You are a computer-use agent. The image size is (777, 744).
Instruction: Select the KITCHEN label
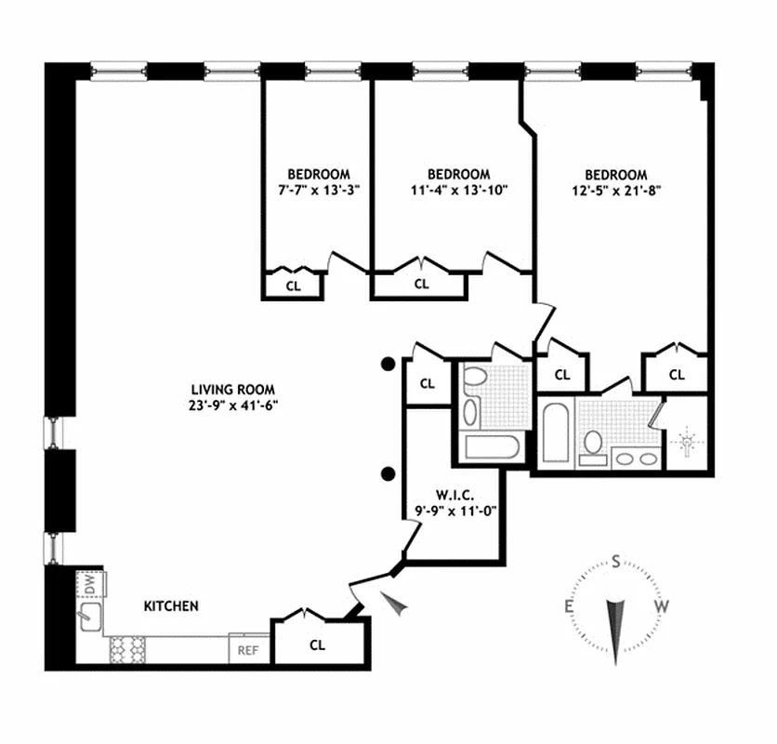[x=170, y=606]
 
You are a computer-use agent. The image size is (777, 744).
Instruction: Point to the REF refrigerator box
[x=248, y=650]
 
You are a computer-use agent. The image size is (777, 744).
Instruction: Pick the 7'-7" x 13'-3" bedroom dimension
[x=318, y=190]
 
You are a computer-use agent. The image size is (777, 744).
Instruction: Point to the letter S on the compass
[x=615, y=561]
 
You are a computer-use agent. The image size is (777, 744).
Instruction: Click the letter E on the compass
[x=567, y=607]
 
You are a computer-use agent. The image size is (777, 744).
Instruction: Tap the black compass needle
[x=615, y=628]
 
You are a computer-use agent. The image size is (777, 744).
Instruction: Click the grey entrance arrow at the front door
[x=397, y=604]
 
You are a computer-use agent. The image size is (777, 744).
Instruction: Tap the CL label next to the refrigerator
[x=317, y=644]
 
